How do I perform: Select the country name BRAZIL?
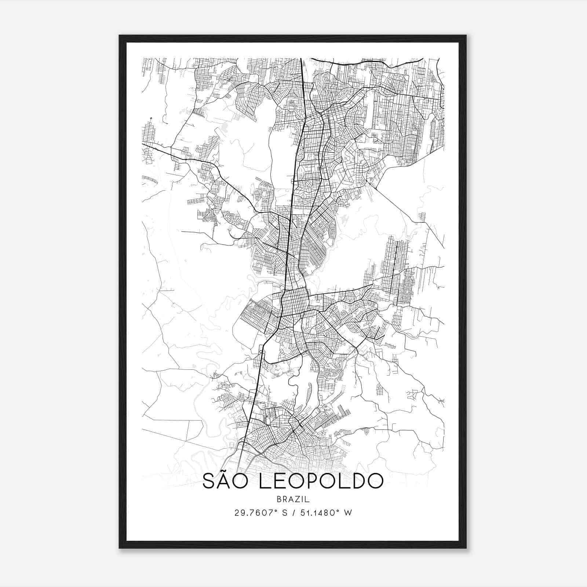coord(293,499)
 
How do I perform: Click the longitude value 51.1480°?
coord(317,513)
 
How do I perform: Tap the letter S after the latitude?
coord(283,513)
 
